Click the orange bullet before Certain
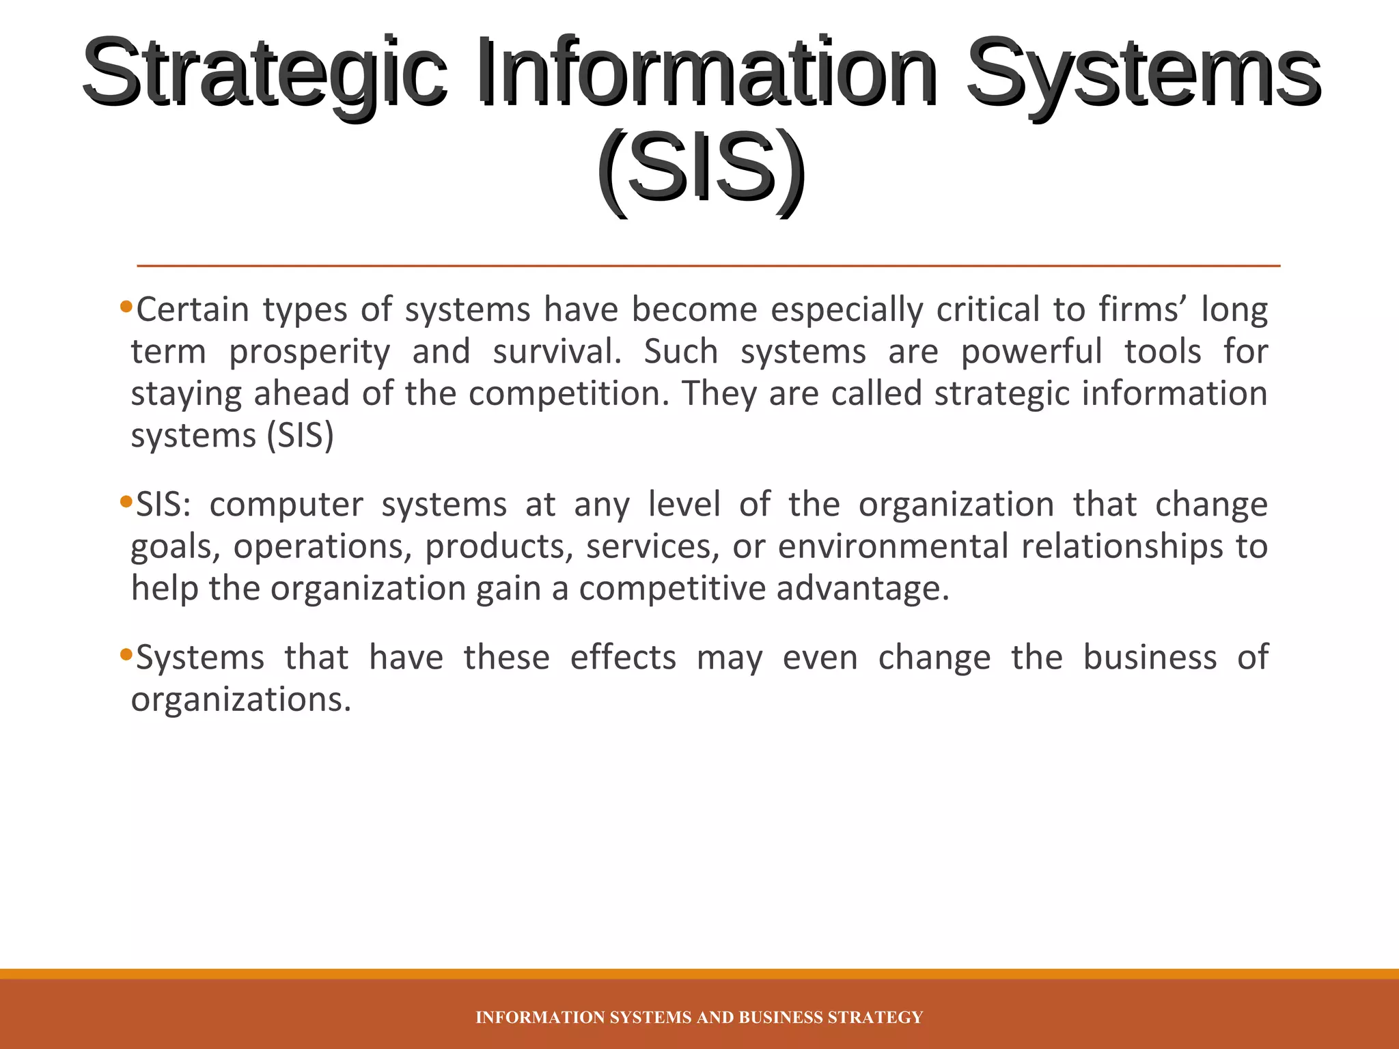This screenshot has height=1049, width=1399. point(125,306)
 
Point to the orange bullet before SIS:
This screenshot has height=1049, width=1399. point(125,502)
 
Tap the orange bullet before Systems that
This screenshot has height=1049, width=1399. point(125,655)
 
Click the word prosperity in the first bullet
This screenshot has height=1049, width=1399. point(309,352)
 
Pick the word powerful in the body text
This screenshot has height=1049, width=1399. point(1031,352)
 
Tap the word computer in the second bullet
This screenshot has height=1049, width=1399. point(286,505)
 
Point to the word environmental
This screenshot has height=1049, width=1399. point(893,546)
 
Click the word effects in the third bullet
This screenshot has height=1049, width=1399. point(623,658)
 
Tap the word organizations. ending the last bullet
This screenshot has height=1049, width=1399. point(241,700)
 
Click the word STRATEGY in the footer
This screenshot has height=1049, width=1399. point(875,1018)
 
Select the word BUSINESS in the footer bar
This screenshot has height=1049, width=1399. point(781,1018)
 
